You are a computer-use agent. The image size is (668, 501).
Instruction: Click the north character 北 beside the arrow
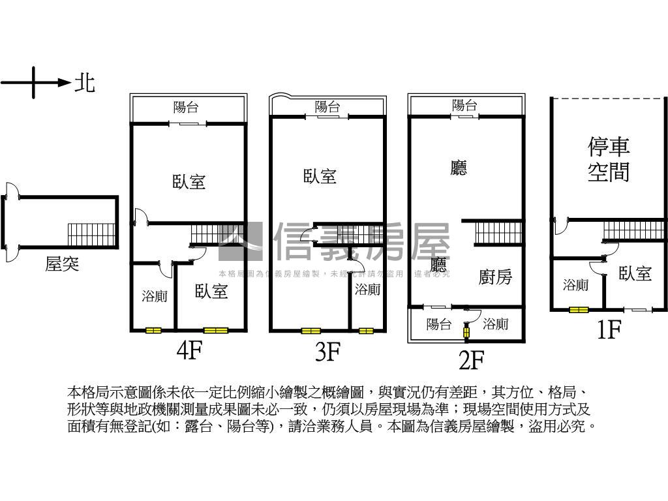click(85, 83)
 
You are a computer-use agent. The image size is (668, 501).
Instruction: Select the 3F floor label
click(327, 352)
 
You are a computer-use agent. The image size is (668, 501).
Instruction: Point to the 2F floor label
click(471, 359)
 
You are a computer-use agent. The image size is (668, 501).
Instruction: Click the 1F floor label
click(609, 330)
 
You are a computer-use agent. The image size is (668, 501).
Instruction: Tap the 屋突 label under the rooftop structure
click(62, 264)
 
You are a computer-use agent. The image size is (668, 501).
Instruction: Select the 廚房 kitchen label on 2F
click(495, 277)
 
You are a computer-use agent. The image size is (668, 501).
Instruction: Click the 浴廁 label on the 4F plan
click(155, 296)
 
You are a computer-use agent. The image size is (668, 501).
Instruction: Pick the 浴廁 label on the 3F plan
click(367, 289)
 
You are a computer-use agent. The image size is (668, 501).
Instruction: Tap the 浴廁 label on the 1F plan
click(576, 284)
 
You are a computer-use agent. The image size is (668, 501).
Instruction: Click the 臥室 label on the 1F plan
click(635, 273)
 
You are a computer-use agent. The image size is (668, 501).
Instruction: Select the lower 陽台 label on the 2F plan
click(439, 324)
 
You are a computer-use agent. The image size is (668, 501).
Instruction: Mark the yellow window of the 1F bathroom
click(577, 310)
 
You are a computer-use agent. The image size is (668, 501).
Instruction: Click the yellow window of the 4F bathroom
click(153, 331)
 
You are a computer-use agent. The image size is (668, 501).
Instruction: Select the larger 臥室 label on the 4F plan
click(189, 181)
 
